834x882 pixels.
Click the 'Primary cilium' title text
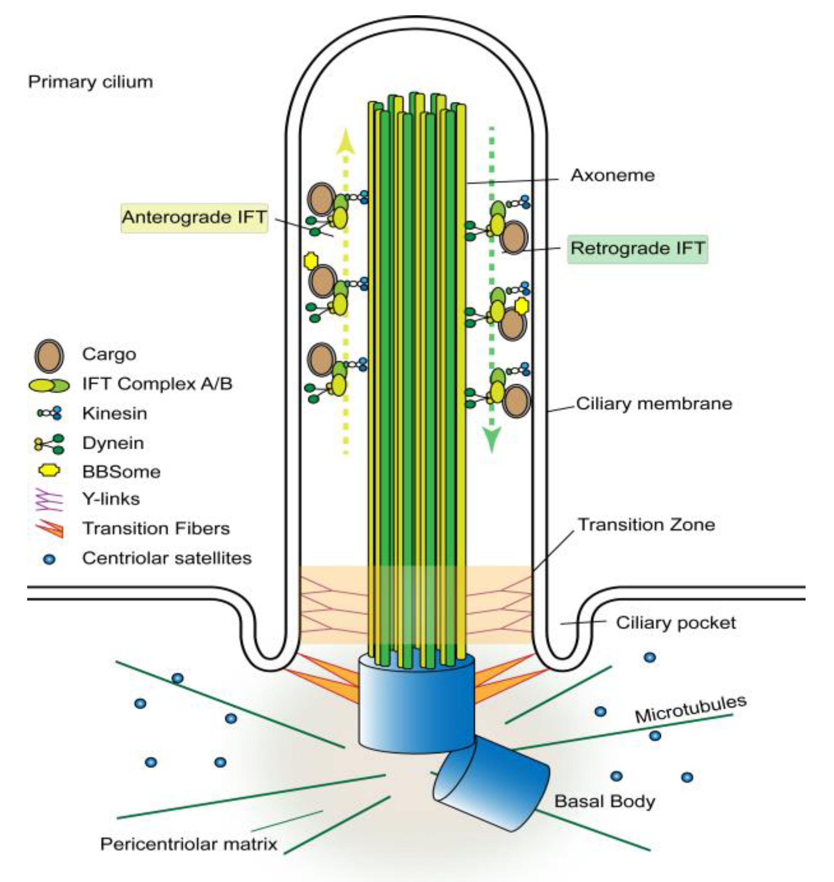click(90, 82)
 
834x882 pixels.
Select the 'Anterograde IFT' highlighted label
click(194, 217)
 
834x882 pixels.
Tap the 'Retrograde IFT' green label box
click(637, 248)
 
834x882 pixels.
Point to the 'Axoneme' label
click(612, 175)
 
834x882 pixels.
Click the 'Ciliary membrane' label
click(654, 404)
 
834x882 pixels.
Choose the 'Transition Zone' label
click(646, 524)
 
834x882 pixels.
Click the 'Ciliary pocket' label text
click(675, 623)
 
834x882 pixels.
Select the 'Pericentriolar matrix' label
click(189, 844)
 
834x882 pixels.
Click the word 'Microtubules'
click(690, 709)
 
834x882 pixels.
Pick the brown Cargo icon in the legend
click(49, 356)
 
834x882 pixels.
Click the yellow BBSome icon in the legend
click(49, 471)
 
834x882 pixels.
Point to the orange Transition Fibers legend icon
click(51, 529)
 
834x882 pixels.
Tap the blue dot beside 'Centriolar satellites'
click(49, 559)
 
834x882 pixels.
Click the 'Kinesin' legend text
click(114, 414)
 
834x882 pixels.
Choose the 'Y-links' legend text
click(111, 499)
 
